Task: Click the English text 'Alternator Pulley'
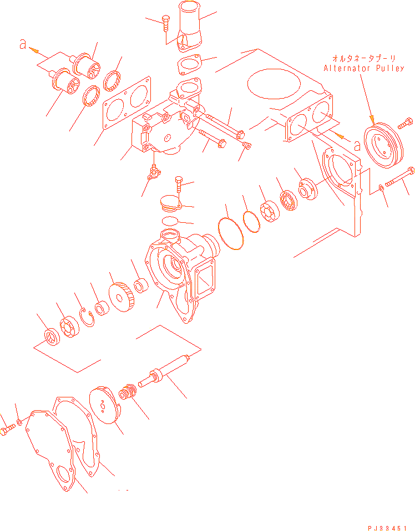pos(364,68)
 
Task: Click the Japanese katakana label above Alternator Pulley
pos(363,58)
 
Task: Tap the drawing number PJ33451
pos(387,528)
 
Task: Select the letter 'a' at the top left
pos(23,44)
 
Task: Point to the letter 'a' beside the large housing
pos(357,146)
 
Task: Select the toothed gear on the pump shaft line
pos(122,297)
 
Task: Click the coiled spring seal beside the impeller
pos(128,392)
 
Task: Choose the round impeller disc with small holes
pos(105,405)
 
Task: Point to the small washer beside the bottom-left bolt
pos(19,422)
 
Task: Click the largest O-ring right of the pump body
pos(231,233)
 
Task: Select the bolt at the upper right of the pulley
pos(405,123)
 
